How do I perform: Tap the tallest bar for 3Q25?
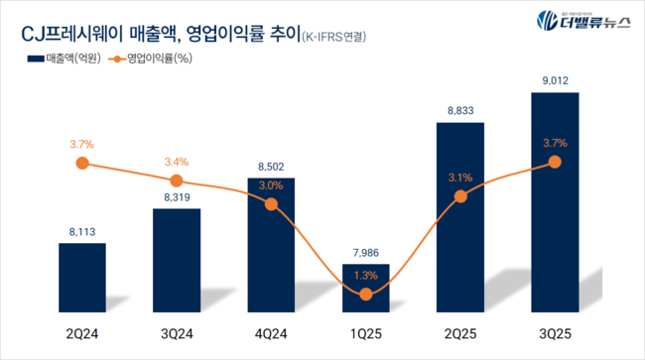point(555,198)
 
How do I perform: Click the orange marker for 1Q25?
point(366,294)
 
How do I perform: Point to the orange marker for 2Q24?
point(82,163)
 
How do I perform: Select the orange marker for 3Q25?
point(555,162)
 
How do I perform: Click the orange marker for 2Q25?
point(460,196)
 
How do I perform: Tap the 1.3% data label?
point(366,275)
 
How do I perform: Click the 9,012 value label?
point(555,80)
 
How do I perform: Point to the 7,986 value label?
point(366,252)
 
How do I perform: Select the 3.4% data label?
point(177,162)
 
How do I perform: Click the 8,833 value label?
point(460,111)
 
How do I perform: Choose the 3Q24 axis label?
point(177,331)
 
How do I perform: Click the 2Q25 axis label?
point(460,331)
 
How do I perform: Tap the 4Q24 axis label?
point(271,331)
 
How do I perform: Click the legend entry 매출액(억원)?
point(59,60)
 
